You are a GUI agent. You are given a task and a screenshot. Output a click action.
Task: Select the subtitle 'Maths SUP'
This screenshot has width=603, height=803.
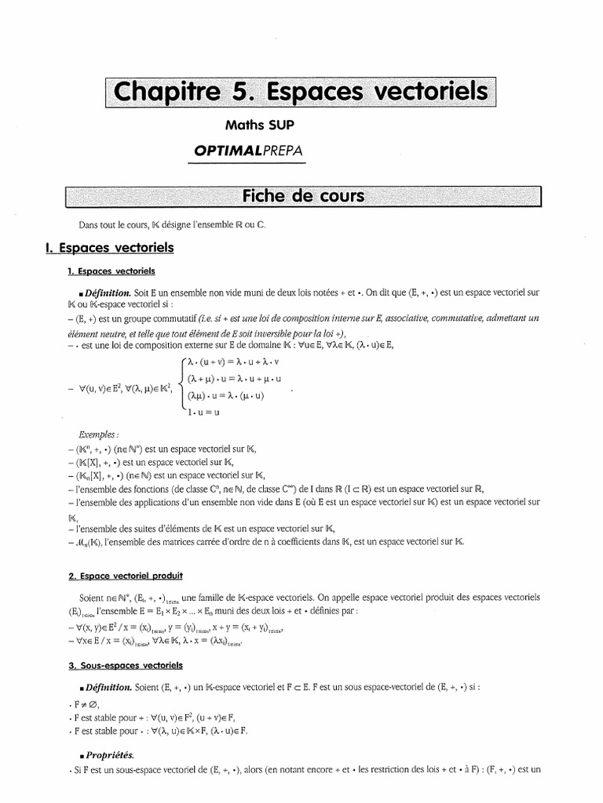point(261,125)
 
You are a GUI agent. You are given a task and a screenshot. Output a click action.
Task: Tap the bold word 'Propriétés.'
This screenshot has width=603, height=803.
point(113,755)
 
